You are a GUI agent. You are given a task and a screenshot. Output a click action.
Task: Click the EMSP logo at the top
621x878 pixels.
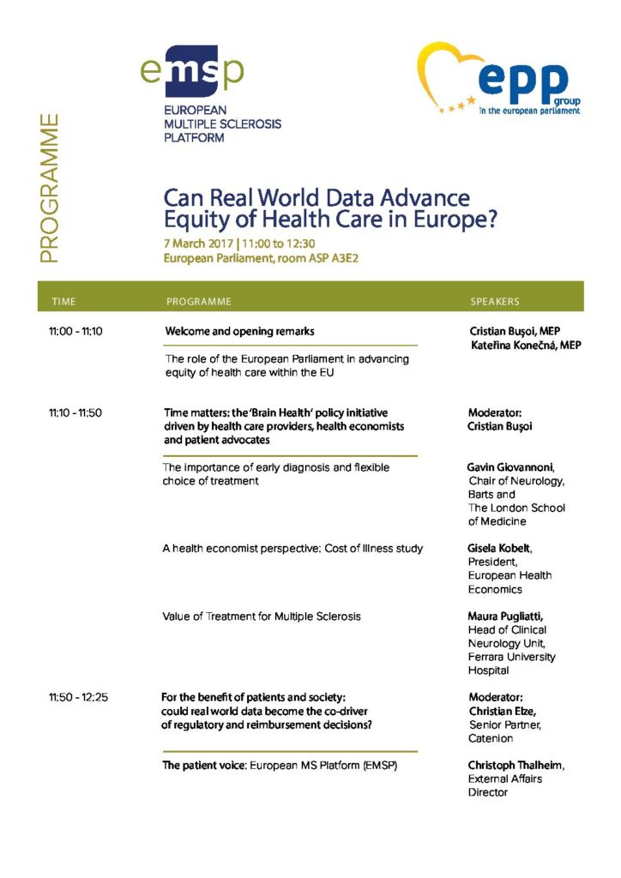click(195, 71)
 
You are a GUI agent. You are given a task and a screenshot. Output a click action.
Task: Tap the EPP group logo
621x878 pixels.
click(498, 79)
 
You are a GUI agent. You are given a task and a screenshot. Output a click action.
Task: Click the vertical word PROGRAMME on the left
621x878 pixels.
click(49, 189)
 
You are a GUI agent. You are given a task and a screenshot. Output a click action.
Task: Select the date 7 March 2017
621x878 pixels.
click(198, 243)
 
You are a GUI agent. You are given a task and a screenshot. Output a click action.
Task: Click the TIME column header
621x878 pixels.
click(63, 302)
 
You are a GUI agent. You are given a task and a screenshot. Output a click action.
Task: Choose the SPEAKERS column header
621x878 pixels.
click(495, 302)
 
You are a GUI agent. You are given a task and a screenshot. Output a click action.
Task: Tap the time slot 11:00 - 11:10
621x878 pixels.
click(75, 331)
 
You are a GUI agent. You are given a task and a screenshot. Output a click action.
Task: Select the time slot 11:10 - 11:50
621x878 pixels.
click(75, 412)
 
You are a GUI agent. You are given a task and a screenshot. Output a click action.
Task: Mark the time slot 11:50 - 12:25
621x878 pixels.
click(78, 697)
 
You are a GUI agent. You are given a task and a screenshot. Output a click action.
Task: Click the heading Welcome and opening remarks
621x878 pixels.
click(239, 331)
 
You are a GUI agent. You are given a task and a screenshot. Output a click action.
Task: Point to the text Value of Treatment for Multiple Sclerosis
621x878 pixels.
click(262, 616)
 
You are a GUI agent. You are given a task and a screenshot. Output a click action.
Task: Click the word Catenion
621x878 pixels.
click(491, 738)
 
